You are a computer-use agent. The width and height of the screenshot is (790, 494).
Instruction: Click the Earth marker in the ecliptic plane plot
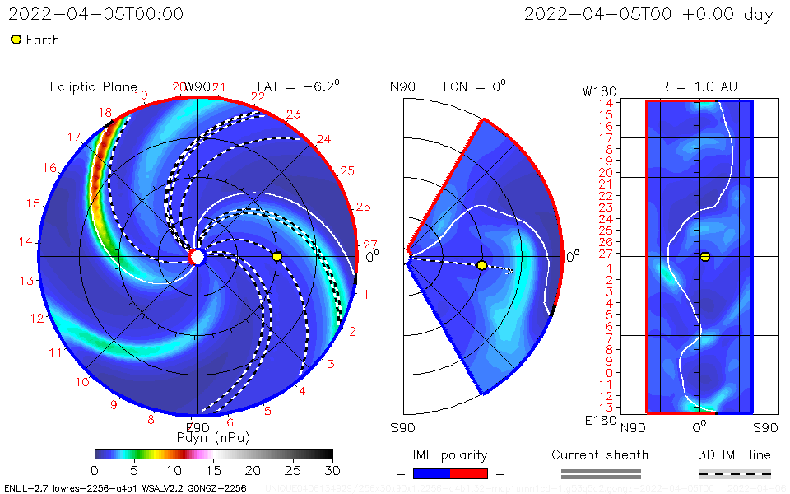tap(276, 257)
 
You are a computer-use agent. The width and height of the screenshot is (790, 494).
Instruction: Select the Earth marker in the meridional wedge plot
tap(481, 265)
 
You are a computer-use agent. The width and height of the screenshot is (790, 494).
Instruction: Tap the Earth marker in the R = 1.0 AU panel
tap(704, 257)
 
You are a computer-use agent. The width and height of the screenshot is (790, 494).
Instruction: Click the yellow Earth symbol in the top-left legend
tap(16, 40)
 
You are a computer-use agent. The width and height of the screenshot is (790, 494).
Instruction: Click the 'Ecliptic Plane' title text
tap(93, 87)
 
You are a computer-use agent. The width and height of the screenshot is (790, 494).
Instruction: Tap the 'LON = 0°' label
tap(474, 86)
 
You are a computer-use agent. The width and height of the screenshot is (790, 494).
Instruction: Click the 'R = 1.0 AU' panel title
tap(699, 86)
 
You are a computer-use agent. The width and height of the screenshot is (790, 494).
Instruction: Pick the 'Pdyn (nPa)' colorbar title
tap(213, 436)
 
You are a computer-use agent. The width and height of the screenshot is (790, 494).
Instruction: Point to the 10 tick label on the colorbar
tap(174, 470)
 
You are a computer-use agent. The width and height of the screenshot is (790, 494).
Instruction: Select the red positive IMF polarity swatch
tap(469, 473)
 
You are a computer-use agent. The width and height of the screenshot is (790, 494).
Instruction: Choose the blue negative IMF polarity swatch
tap(431, 473)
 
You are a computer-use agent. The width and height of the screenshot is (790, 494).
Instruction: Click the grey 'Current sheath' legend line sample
tap(600, 473)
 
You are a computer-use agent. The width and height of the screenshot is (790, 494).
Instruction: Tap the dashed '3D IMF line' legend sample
tap(735, 473)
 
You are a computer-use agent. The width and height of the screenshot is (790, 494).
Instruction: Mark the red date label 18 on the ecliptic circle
tap(105, 113)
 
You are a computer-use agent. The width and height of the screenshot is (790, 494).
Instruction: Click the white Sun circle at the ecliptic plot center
tap(197, 257)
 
